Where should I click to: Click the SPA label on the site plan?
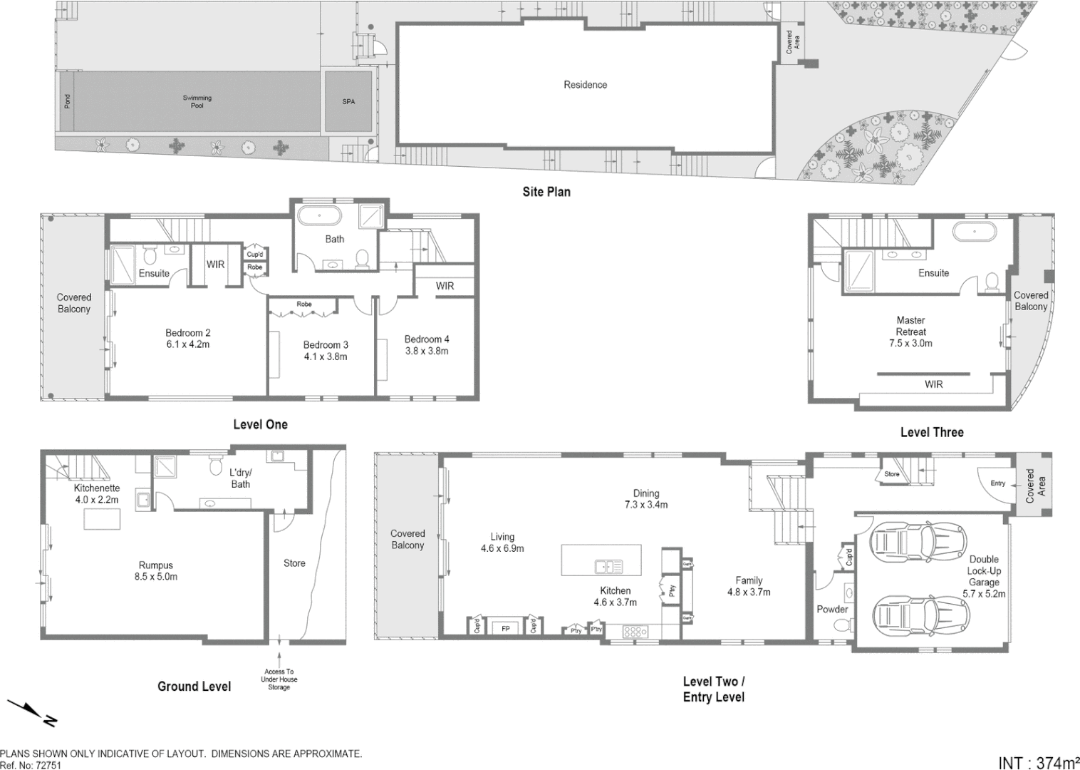pyautogui.click(x=348, y=102)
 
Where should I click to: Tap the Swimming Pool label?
pyautogui.click(x=197, y=102)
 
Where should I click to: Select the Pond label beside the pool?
pyautogui.click(x=68, y=101)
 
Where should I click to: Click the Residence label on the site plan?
pyautogui.click(x=585, y=85)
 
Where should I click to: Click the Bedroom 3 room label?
pyautogui.click(x=326, y=345)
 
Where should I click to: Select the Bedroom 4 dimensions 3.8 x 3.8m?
pyautogui.click(x=427, y=351)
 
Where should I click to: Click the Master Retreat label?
pyautogui.click(x=910, y=326)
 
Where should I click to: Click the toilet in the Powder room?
pyautogui.click(x=841, y=625)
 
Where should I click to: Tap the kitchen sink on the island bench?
pyautogui.click(x=608, y=567)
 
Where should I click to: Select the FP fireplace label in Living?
pyautogui.click(x=506, y=628)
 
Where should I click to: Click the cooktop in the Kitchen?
pyautogui.click(x=635, y=631)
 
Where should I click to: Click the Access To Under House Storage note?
pyautogui.click(x=279, y=679)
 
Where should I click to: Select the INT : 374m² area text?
pyautogui.click(x=1039, y=762)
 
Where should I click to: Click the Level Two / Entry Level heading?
pyautogui.click(x=714, y=689)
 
